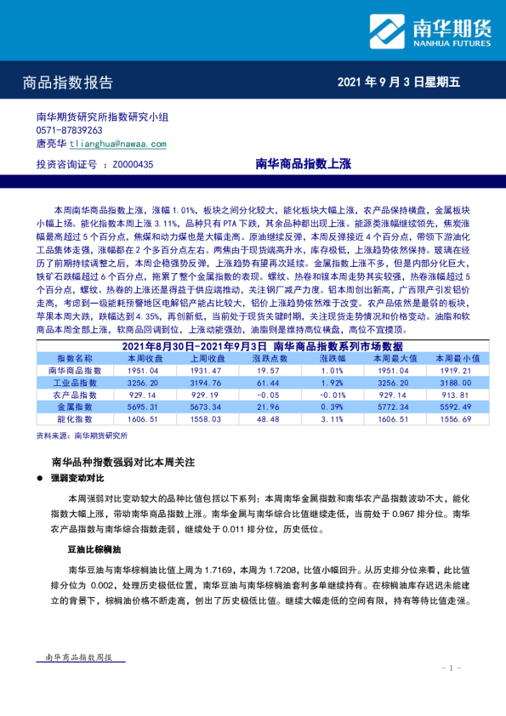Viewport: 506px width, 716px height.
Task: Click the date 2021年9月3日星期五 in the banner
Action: point(399,82)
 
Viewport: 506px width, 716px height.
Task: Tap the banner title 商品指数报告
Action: point(68,83)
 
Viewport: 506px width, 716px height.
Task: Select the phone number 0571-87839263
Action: point(70,131)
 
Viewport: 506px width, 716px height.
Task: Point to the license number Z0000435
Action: point(128,165)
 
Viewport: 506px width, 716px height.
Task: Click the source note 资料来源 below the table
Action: point(82,435)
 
